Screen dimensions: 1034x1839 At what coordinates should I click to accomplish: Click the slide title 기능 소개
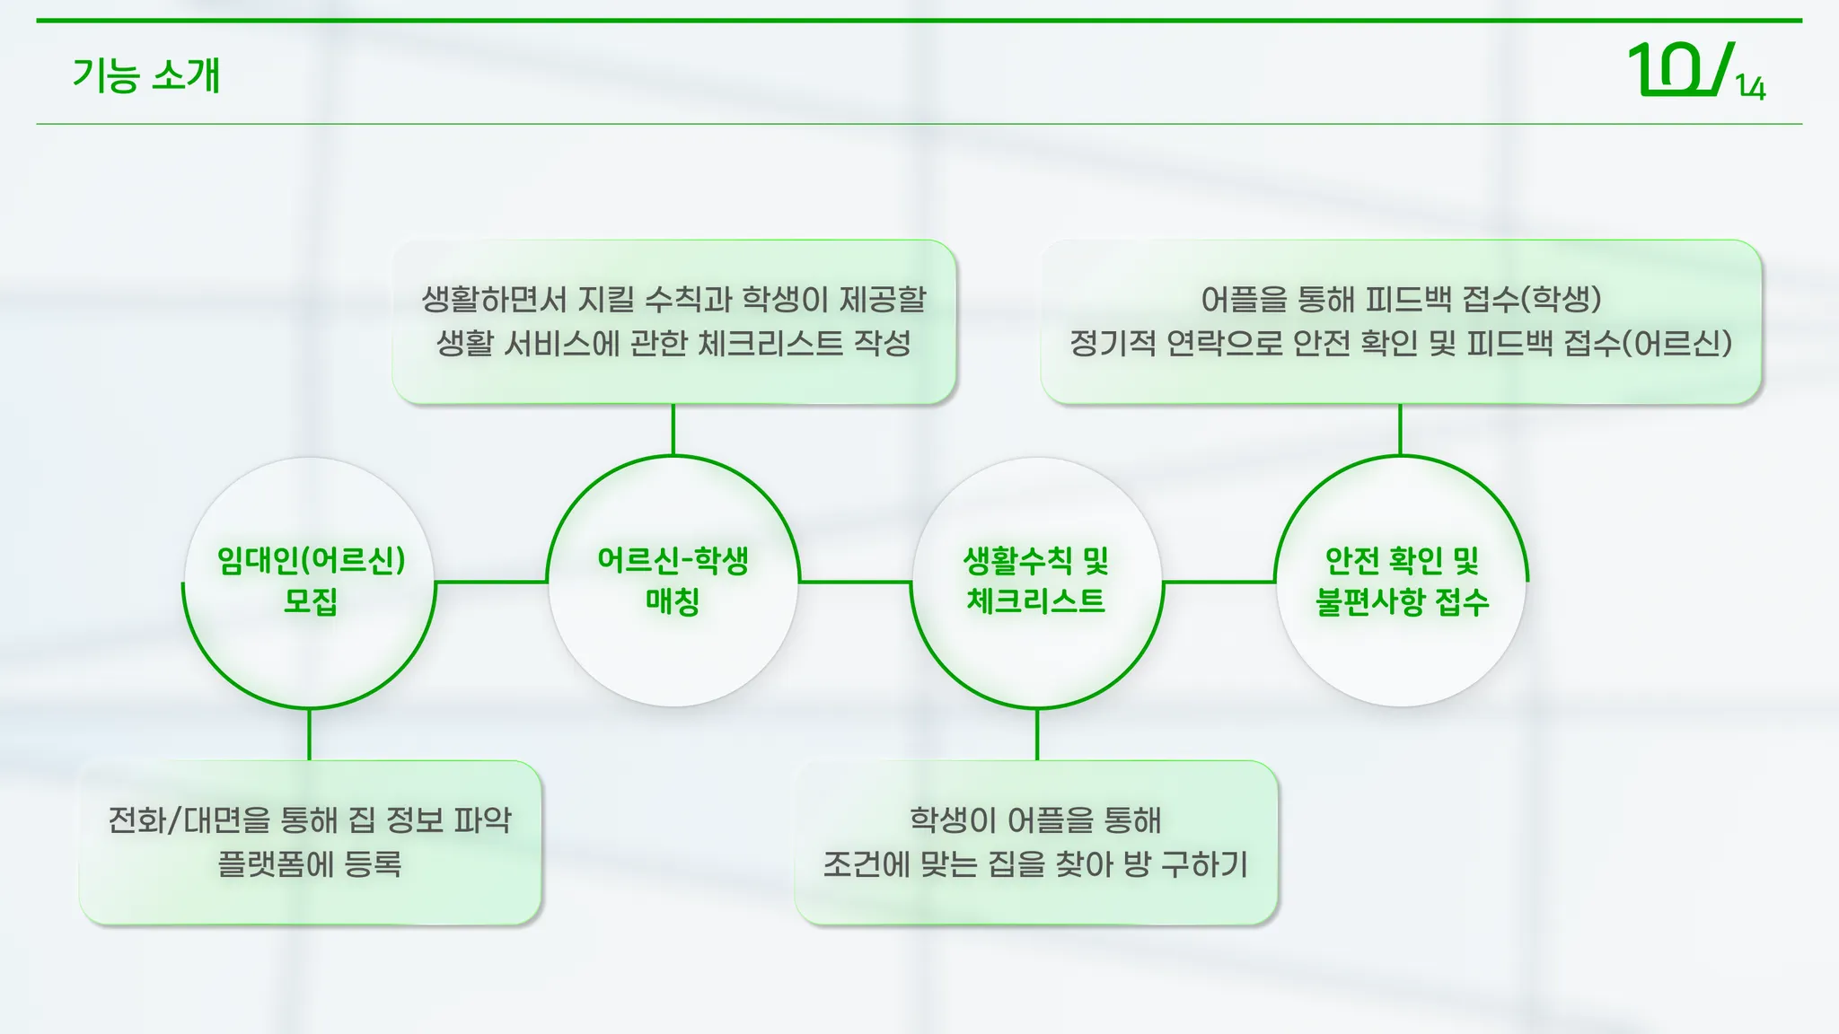click(146, 75)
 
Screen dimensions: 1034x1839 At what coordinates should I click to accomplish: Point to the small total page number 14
click(1751, 88)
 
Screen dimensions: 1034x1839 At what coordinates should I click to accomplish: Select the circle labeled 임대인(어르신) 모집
click(310, 582)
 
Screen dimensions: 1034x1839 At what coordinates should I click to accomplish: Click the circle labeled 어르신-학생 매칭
click(673, 582)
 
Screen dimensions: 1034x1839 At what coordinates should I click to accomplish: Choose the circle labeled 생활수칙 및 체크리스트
click(1037, 582)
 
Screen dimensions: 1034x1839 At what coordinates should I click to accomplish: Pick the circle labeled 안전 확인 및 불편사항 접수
click(1401, 582)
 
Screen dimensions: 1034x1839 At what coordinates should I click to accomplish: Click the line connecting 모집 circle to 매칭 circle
click(491, 582)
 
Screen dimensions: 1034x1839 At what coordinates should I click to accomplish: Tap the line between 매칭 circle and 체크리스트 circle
click(855, 582)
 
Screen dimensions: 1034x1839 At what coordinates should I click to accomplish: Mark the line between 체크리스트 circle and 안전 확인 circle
click(1219, 582)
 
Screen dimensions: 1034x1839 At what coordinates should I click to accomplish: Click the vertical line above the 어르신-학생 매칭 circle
click(673, 430)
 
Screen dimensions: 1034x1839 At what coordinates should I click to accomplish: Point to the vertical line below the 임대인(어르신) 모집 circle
click(310, 734)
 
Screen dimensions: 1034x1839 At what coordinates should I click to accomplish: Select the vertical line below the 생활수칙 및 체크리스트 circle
click(1037, 734)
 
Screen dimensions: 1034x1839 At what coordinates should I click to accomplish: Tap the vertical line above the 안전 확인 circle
click(1401, 430)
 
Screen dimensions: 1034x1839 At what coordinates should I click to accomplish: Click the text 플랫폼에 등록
click(310, 864)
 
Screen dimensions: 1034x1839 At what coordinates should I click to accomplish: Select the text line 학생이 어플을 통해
click(1035, 819)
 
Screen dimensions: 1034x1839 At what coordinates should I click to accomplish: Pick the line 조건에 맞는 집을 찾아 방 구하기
click(1035, 864)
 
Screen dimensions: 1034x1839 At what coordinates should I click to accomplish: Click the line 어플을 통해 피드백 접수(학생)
click(1401, 299)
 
